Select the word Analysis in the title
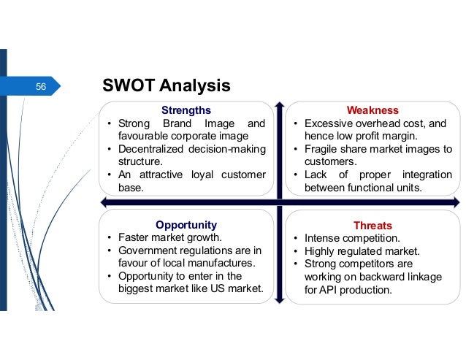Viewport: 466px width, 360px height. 197,87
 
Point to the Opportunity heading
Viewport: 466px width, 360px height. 186,224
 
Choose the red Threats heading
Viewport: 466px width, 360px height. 373,225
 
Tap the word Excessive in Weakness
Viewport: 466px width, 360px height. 329,123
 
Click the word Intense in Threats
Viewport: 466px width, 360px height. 322,238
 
